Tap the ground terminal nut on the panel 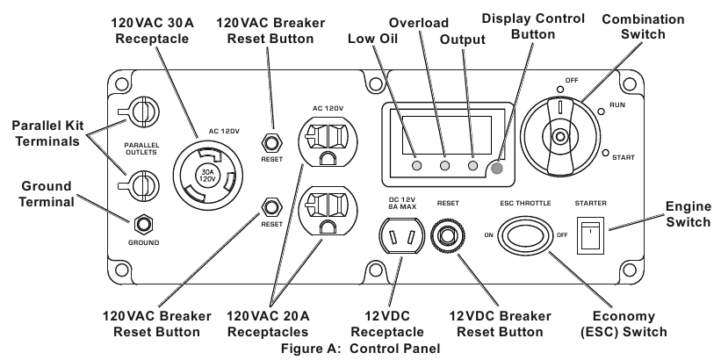(143, 225)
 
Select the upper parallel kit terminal (140, 111)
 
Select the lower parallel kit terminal (140, 186)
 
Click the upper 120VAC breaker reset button (270, 142)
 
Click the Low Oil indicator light (416, 166)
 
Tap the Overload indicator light (444, 166)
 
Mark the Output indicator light (472, 166)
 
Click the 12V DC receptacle (400, 236)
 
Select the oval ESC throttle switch (523, 235)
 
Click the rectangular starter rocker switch (590, 235)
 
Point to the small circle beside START (606, 153)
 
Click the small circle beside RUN (601, 111)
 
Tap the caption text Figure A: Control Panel (360, 349)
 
